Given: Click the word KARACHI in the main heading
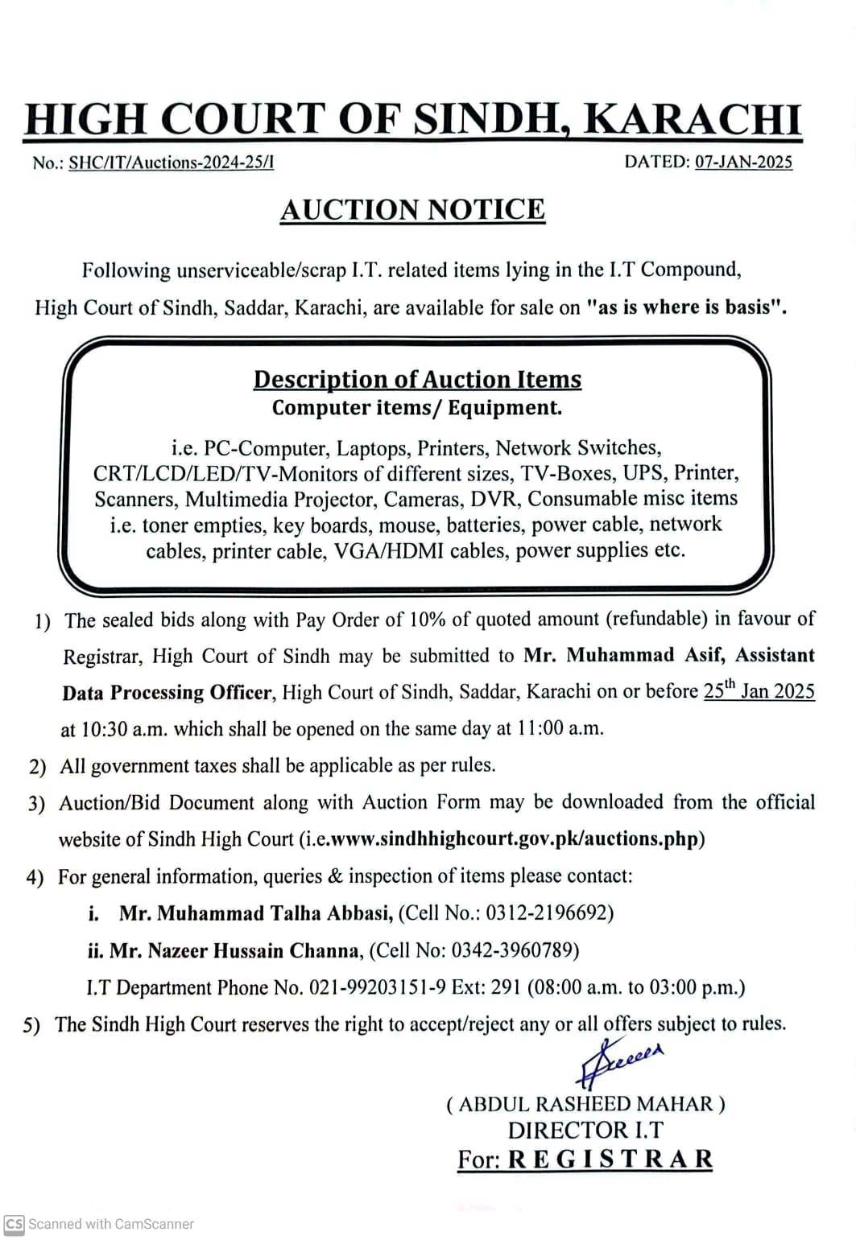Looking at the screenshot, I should [x=693, y=119].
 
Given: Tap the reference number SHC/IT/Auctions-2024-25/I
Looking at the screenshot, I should [x=171, y=163].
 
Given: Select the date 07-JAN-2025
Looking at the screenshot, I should [x=743, y=162].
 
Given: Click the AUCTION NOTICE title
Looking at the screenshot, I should [x=412, y=210].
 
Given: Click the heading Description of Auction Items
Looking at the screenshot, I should [x=417, y=379].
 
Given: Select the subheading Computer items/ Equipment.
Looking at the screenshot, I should [x=417, y=407].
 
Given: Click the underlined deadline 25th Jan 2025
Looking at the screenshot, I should [x=759, y=690].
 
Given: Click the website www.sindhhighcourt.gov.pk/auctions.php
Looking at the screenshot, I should [x=515, y=838].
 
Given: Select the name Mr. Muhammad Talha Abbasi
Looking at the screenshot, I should [x=256, y=913].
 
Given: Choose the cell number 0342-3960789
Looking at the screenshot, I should [x=515, y=950].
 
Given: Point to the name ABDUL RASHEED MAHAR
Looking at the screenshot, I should [x=585, y=1104].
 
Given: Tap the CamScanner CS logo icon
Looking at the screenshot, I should [x=14, y=1224].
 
